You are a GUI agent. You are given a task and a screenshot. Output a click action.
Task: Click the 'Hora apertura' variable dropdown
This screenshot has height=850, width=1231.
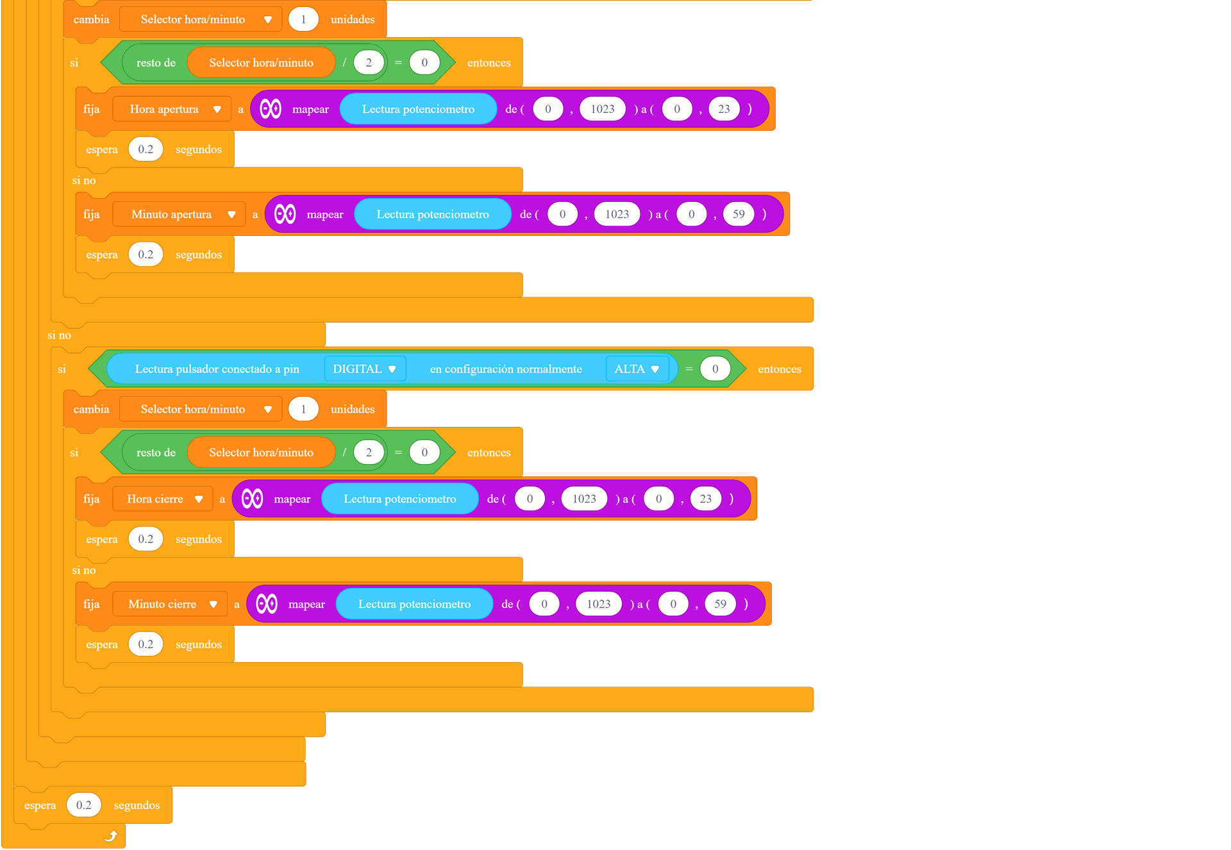tap(172, 109)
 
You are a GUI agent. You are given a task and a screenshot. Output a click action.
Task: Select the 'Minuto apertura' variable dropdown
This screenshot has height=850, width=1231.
tap(179, 214)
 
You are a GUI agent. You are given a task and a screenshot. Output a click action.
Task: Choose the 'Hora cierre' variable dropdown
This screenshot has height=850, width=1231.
tap(162, 499)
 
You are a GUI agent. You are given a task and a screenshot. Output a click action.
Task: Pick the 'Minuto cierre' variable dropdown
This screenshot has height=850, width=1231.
tap(170, 604)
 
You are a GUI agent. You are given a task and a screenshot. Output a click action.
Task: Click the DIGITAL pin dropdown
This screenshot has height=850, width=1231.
tap(365, 369)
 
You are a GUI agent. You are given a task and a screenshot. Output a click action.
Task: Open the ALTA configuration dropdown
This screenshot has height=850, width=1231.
tap(637, 369)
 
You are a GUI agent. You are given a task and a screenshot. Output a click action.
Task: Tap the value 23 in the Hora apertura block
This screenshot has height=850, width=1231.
tap(724, 109)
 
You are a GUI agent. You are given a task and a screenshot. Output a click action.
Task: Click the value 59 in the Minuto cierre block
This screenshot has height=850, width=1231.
tap(720, 604)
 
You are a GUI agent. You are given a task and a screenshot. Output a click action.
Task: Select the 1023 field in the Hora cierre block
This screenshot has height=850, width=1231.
tap(584, 499)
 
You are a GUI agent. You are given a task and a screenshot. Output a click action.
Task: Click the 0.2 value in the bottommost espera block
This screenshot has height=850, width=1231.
tap(84, 805)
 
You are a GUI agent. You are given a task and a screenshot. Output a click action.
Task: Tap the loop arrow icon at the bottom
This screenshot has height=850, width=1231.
tap(111, 836)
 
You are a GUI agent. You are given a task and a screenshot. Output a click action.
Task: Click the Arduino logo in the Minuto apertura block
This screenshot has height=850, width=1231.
tap(285, 214)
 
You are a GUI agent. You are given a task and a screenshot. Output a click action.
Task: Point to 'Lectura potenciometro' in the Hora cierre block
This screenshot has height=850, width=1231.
tap(400, 499)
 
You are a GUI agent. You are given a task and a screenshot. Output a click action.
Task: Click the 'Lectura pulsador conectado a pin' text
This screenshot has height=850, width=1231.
tap(217, 369)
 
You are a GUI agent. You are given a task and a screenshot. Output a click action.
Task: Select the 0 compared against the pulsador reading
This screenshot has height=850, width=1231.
tap(715, 369)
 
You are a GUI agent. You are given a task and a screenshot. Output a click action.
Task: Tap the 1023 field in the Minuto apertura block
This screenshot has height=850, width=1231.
tap(617, 214)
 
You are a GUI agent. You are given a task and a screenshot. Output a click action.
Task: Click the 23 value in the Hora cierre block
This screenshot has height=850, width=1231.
tap(705, 499)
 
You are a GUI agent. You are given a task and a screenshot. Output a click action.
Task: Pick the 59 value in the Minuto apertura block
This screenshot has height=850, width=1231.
tap(739, 214)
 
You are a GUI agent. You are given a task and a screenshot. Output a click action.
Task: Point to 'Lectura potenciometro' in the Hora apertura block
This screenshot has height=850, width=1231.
tap(418, 109)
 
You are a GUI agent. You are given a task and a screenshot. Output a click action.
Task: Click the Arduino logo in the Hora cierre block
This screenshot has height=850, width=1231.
tap(253, 499)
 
